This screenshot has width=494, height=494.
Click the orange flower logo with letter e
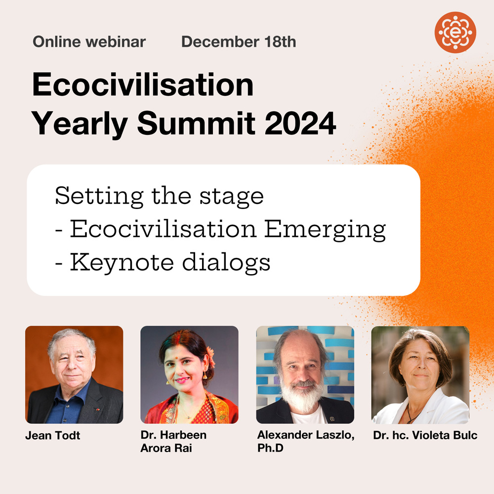pos(455,33)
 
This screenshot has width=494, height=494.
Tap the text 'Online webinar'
pos(89,42)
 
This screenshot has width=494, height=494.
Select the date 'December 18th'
pos(239,42)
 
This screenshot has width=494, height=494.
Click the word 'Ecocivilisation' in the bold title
pos(143,85)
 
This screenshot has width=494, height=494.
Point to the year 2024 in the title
pos(300,123)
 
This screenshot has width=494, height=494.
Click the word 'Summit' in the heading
pos(196,123)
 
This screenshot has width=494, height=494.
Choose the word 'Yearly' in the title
pos(80,124)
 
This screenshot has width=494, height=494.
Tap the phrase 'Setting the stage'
pos(159,196)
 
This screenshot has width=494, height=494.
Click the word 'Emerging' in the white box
pos(325,230)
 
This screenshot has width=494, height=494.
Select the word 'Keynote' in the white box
pos(122,263)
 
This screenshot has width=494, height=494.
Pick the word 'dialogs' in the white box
pos(226,263)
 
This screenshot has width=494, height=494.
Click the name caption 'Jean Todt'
pos(53,435)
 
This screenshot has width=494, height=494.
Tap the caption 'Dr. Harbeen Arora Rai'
pos(173,441)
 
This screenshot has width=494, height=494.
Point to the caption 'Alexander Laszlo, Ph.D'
pos(306,441)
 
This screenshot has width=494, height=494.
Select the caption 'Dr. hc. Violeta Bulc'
pos(425,435)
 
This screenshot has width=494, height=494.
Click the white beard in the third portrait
pos(301,395)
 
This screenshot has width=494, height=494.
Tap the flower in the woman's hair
pos(211,356)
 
